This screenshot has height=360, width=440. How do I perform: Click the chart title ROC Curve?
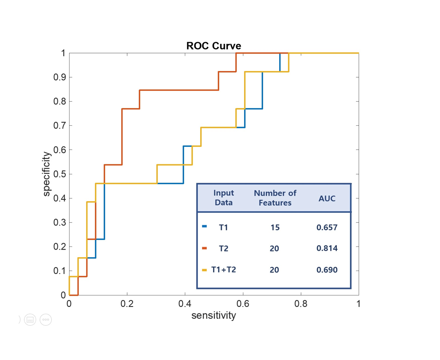coord(214,46)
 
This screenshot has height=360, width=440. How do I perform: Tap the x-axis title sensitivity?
coord(214,316)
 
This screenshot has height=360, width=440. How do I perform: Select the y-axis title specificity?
coord(46,174)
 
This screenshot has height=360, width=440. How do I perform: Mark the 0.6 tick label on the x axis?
coord(243,304)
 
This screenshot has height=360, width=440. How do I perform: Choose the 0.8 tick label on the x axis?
coord(301,304)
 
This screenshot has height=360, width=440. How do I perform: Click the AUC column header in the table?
coord(327,198)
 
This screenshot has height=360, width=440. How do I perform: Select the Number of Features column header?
coord(275,198)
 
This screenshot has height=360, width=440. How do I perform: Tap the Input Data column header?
coord(223,198)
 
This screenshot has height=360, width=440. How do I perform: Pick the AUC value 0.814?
coord(327,248)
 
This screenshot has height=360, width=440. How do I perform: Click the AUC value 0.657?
coord(327,227)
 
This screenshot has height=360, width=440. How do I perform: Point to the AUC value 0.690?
coord(327,270)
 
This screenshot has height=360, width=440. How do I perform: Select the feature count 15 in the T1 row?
coord(275,227)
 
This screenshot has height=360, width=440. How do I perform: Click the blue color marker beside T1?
coord(204,226)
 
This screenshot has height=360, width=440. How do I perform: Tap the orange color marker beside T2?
coord(204,248)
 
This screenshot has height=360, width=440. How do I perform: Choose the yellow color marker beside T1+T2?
coord(204,270)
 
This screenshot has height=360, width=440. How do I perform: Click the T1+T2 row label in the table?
coord(223,270)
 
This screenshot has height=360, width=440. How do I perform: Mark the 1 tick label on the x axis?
coord(358,304)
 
